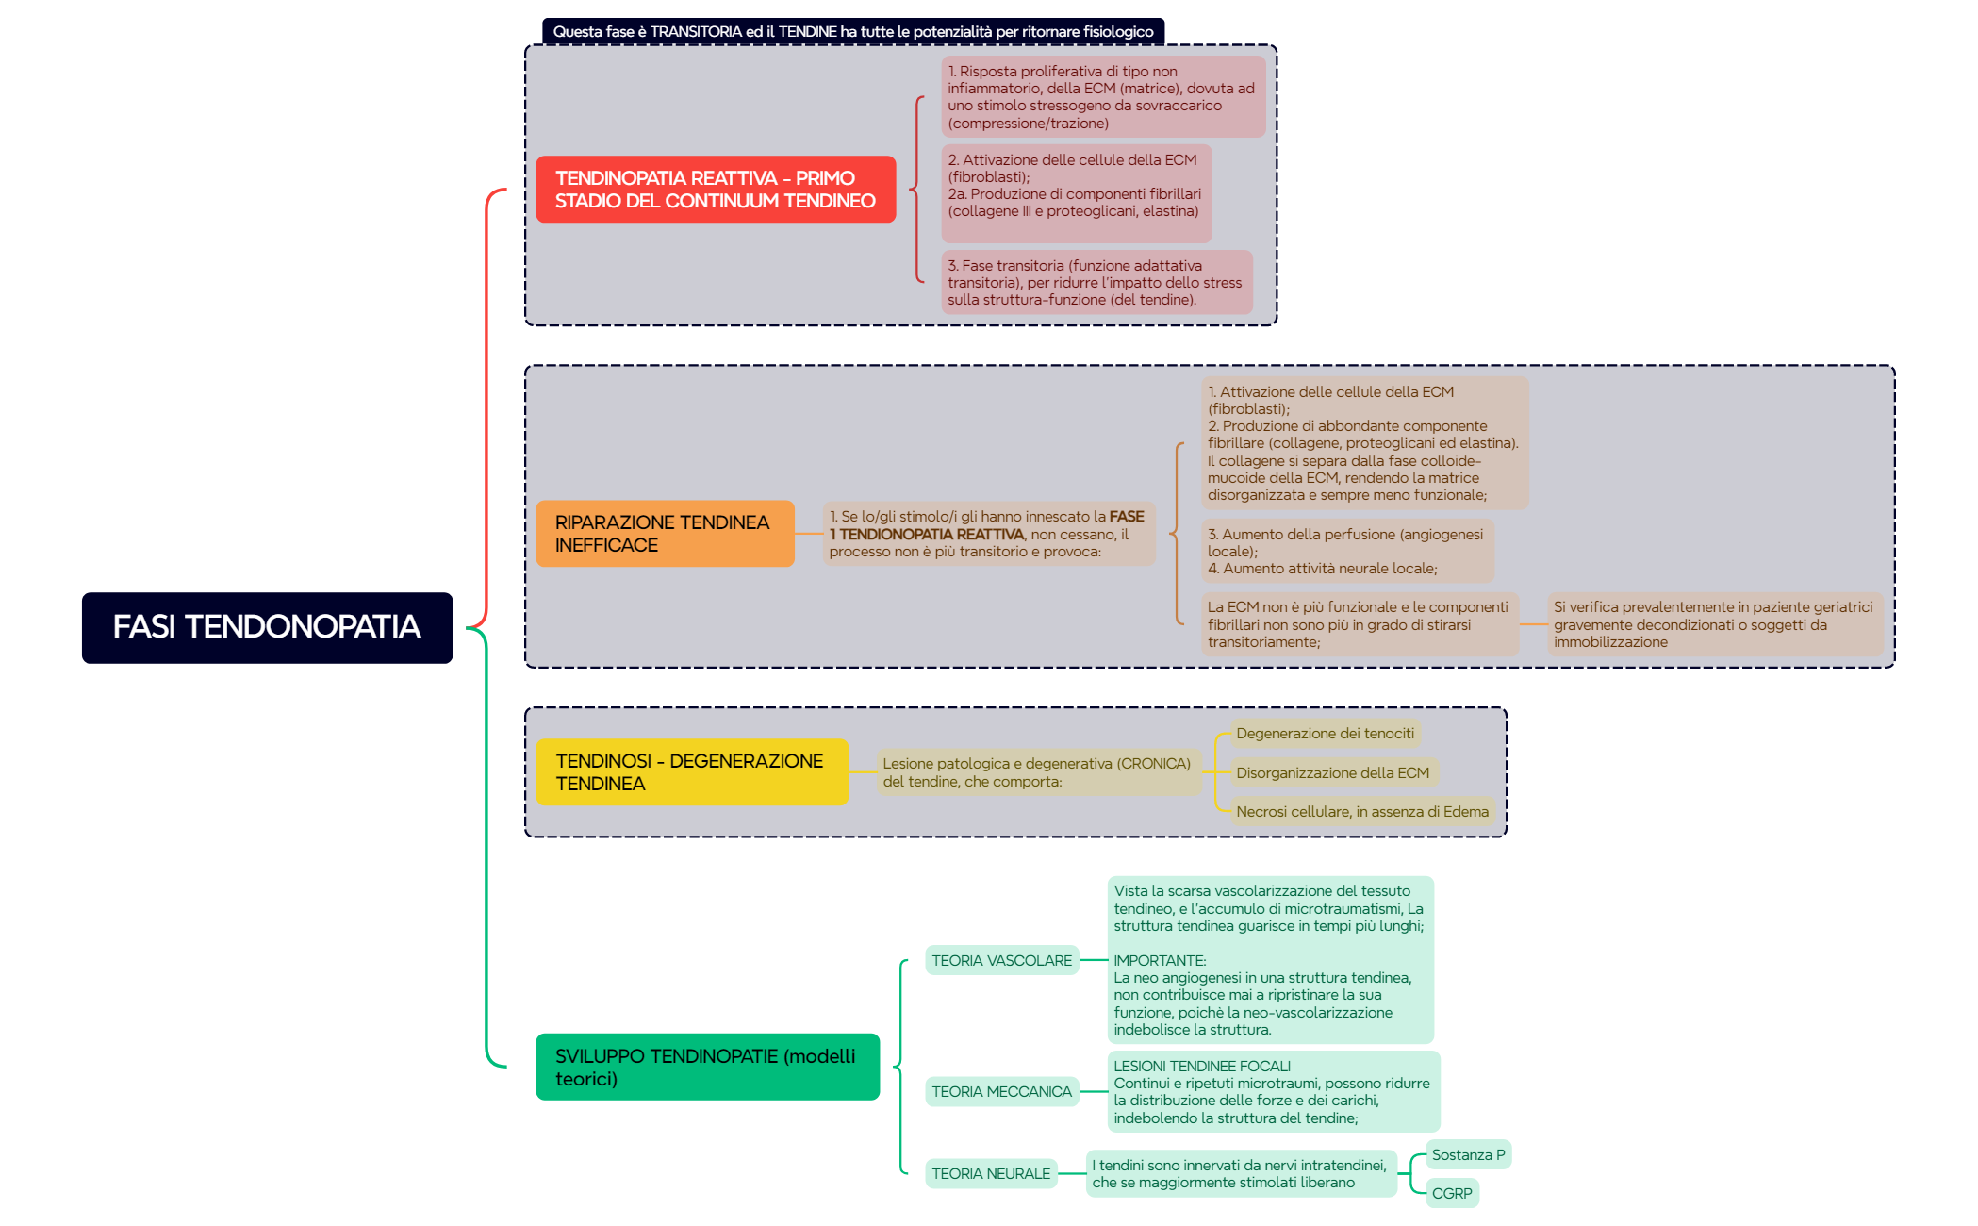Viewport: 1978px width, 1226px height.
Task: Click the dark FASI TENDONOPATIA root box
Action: [x=267, y=627]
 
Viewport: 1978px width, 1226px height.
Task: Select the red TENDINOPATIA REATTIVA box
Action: [x=715, y=190]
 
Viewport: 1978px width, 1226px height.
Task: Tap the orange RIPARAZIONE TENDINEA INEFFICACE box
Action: [x=665, y=534]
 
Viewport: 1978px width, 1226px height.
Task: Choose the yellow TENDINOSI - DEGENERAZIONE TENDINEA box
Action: [x=691, y=772]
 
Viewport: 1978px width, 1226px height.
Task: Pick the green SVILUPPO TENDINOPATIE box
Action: [x=707, y=1067]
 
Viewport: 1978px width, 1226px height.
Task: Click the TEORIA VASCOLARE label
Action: [x=1001, y=960]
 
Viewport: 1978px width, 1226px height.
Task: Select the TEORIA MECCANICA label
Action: [x=1001, y=1091]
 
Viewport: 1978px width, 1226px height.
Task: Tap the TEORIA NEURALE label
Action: [x=990, y=1173]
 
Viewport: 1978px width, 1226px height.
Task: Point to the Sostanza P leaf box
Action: [x=1468, y=1154]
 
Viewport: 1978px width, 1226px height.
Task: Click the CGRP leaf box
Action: [x=1452, y=1193]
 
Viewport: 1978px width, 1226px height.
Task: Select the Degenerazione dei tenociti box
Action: [x=1325, y=734]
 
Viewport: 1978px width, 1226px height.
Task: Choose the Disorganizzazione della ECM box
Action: [x=1332, y=772]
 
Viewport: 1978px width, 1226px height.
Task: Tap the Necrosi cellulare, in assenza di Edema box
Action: [x=1362, y=811]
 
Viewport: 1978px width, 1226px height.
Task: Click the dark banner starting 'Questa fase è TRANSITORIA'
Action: [x=852, y=31]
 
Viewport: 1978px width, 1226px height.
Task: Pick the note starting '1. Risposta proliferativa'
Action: [x=1102, y=97]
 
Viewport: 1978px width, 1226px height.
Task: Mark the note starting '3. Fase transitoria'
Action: [x=1096, y=282]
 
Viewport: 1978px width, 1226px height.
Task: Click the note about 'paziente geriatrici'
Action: [x=1713, y=624]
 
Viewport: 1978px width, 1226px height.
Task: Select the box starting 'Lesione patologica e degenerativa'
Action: [x=1037, y=772]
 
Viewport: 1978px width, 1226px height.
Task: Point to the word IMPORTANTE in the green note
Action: [x=1160, y=960]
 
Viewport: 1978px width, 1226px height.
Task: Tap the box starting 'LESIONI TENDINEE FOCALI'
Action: [x=1273, y=1091]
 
